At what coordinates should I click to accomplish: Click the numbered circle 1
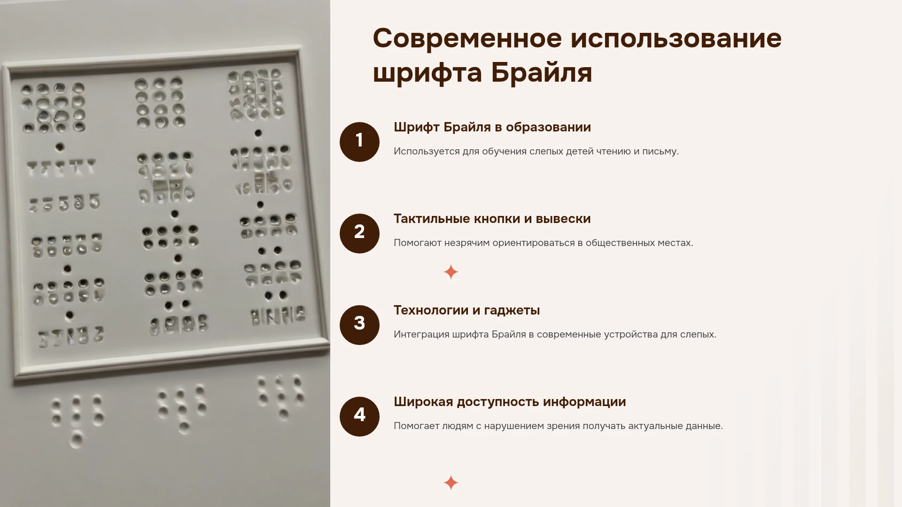pyautogui.click(x=359, y=142)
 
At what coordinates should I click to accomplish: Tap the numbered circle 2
pyautogui.click(x=359, y=233)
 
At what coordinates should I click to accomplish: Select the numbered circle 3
pyautogui.click(x=359, y=325)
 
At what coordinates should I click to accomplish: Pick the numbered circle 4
pyautogui.click(x=359, y=416)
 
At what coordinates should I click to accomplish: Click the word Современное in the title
pyautogui.click(x=467, y=38)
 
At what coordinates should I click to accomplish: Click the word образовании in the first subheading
pyautogui.click(x=548, y=127)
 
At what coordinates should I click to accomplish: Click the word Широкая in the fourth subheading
pyautogui.click(x=423, y=402)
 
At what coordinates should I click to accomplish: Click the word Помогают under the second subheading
pyautogui.click(x=417, y=243)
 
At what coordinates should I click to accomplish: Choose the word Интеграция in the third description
pyautogui.click(x=421, y=335)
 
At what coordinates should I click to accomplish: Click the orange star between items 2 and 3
pyautogui.click(x=451, y=272)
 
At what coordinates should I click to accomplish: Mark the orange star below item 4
pyautogui.click(x=451, y=483)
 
